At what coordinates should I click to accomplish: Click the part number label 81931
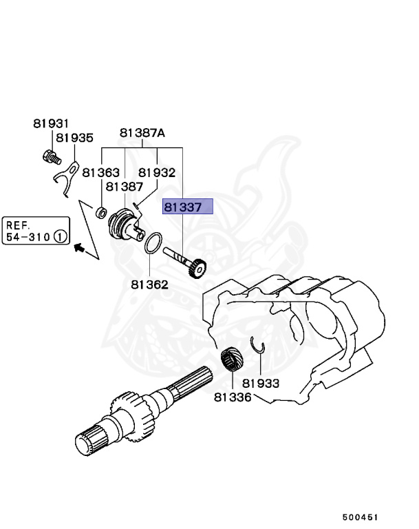click(51, 124)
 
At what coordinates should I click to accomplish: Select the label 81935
click(74, 138)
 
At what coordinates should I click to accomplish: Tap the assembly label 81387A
click(142, 134)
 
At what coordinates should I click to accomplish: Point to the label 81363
click(101, 173)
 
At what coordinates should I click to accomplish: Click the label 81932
click(157, 173)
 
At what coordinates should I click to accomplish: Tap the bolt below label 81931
click(49, 157)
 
